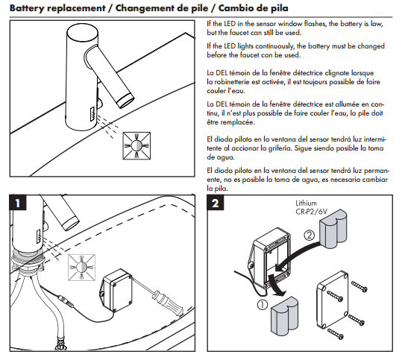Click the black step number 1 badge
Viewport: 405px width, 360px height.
(18, 203)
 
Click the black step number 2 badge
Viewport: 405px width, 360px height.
(215, 203)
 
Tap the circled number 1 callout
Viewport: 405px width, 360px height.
(263, 305)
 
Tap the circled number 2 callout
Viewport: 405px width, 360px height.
(310, 235)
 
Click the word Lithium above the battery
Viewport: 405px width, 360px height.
(306, 203)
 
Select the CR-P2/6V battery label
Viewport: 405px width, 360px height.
(311, 212)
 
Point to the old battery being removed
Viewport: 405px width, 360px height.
(284, 316)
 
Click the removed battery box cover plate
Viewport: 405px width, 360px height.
(333, 300)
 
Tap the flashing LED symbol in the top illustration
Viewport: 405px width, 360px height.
(136, 146)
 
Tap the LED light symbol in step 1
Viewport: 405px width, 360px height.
(81, 268)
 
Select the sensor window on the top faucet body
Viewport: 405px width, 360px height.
(93, 114)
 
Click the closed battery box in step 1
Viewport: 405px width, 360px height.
(116, 291)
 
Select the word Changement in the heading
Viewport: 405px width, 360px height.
(142, 8)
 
